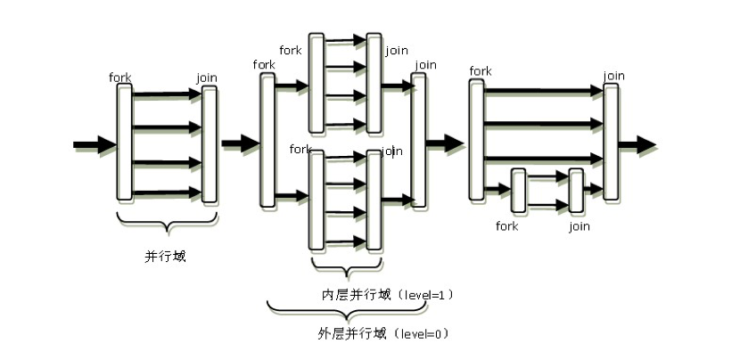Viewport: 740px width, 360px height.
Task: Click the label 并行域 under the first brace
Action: [165, 256]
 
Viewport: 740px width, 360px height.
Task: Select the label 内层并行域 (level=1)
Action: [387, 294]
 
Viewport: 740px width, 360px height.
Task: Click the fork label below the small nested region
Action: [506, 225]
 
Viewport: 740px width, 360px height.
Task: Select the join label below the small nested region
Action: [580, 225]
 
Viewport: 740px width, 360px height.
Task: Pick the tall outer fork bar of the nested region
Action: [267, 141]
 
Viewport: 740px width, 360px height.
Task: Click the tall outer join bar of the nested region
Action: [419, 141]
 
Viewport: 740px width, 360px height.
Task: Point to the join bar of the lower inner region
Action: [374, 199]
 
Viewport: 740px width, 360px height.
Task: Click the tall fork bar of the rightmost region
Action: [476, 139]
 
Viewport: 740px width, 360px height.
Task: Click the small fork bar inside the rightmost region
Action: [518, 189]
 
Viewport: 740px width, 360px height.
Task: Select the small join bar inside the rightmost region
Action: [576, 189]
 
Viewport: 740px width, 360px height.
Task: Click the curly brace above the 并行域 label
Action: [167, 219]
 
